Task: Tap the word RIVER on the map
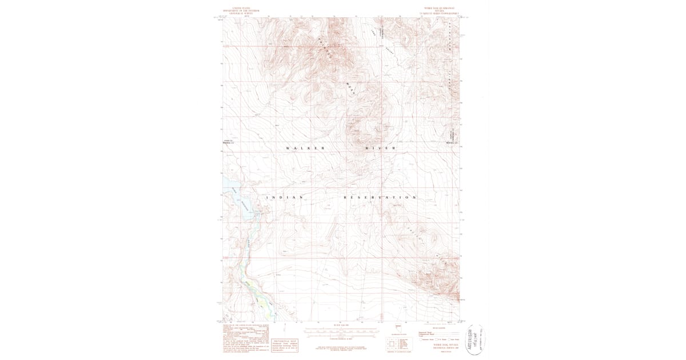tap(381, 148)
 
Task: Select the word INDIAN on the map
tap(284, 197)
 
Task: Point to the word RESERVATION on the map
tap(380, 197)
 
